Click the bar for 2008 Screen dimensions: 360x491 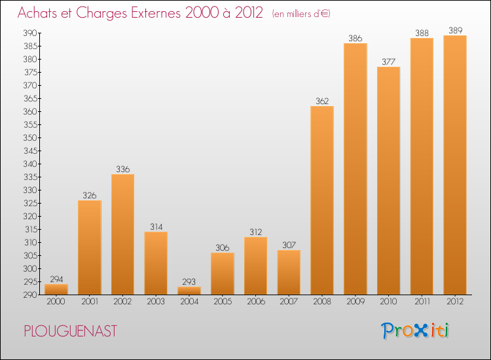(x=322, y=200)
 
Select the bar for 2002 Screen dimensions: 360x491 (x=122, y=234)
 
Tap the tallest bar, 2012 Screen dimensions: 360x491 (x=455, y=165)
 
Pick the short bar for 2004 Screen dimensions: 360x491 (x=189, y=291)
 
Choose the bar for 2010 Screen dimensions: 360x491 (x=388, y=181)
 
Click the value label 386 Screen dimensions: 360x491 (x=355, y=38)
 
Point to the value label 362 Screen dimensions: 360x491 (x=322, y=101)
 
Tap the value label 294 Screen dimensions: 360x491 (x=56, y=279)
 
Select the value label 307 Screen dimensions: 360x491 (x=289, y=245)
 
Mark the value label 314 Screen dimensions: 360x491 (x=156, y=226)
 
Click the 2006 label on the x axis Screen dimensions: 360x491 (x=255, y=302)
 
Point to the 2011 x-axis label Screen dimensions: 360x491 (x=422, y=302)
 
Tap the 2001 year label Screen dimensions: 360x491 (x=89, y=302)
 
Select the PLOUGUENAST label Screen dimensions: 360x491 (x=71, y=331)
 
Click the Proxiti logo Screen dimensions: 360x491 (x=416, y=331)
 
